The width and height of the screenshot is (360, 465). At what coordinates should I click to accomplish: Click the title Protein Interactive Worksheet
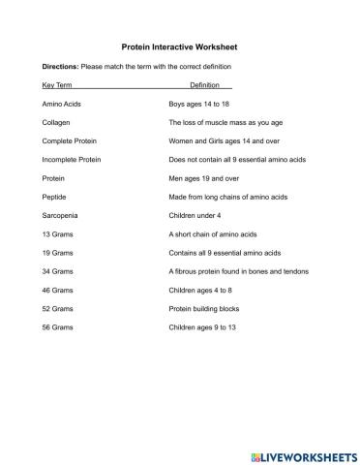(179, 46)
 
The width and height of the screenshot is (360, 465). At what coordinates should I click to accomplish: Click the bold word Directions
(60, 66)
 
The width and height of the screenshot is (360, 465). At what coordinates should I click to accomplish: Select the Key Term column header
(57, 85)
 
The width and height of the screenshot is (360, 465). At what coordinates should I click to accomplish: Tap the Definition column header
(204, 85)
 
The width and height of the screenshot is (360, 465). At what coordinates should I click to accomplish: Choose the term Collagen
(56, 123)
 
